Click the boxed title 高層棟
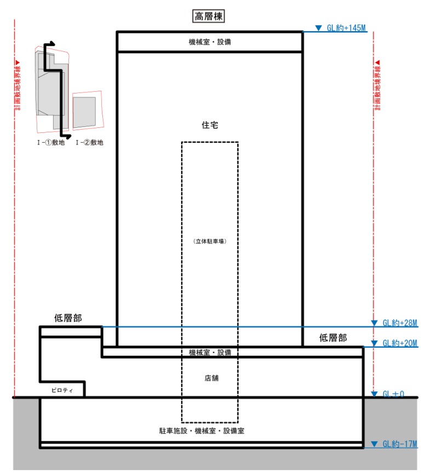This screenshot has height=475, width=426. (x=209, y=16)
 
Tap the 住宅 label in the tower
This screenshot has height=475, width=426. (x=210, y=125)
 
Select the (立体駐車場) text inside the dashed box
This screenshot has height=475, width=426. (x=210, y=241)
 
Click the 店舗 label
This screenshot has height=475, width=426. (x=211, y=377)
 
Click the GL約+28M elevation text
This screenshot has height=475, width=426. (x=400, y=323)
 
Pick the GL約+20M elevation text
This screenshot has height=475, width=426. (x=400, y=343)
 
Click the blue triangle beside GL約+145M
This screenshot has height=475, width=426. (x=319, y=28)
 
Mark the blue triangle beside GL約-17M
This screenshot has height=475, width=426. (x=375, y=444)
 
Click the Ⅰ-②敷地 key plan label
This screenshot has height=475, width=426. (x=89, y=143)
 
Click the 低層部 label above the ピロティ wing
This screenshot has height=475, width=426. (x=68, y=318)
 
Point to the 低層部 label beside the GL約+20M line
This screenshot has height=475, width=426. (x=333, y=338)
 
